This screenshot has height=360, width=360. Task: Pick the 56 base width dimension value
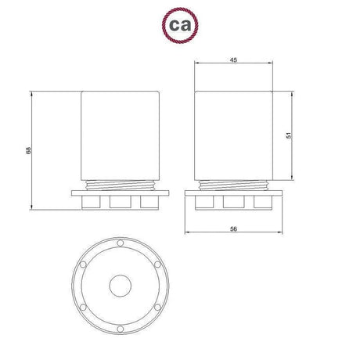(x=234, y=229)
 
